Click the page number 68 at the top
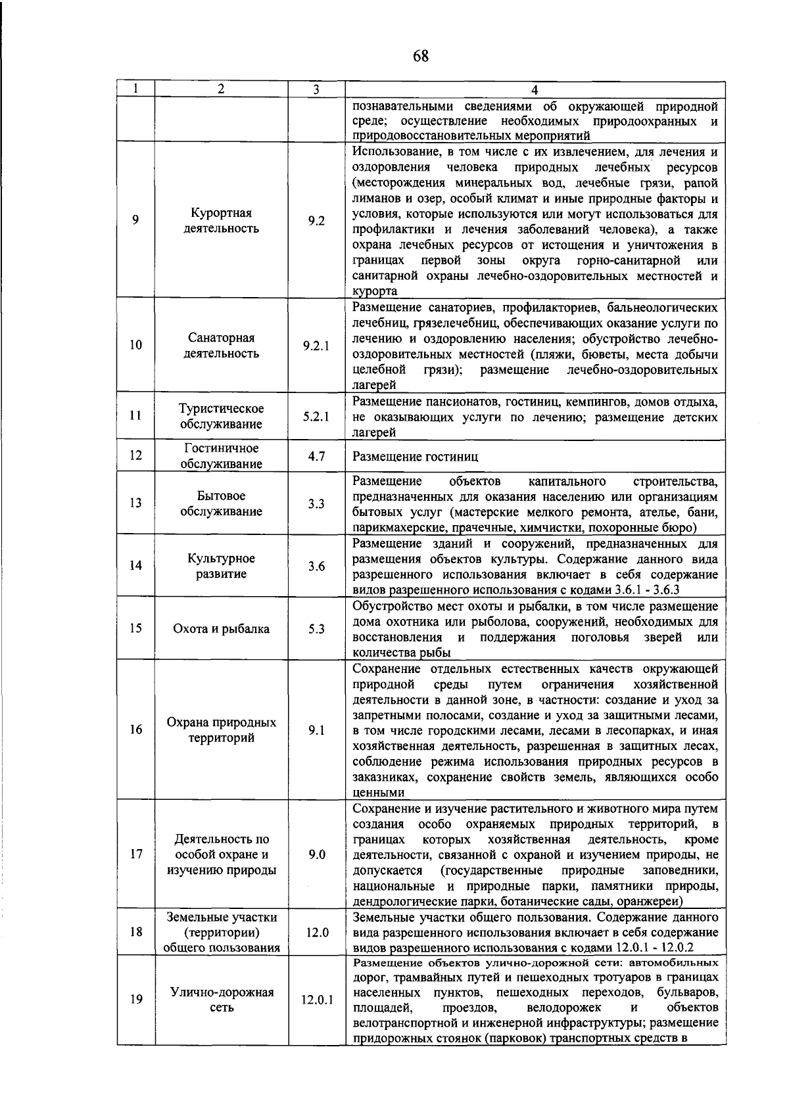421,56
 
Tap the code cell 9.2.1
316,346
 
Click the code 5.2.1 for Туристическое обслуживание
316,417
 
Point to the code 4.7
316,456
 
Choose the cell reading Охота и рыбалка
221,629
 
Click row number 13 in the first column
136,503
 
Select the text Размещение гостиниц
416,457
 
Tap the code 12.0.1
317,1000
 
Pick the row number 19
136,1000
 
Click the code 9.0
316,855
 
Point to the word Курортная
221,214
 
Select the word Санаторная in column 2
221,338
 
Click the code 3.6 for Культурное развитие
316,567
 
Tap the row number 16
136,730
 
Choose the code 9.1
316,730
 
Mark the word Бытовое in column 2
221,496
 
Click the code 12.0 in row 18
316,933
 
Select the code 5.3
316,629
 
